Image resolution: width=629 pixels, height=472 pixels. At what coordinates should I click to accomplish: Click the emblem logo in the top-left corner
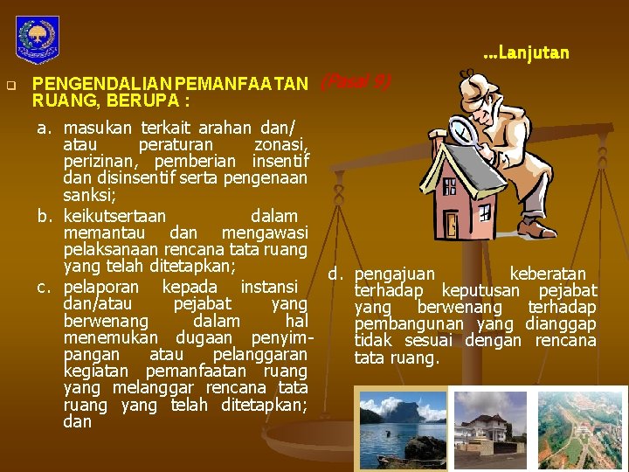tap(38, 38)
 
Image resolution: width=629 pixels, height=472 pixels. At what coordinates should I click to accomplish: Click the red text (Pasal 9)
tap(356, 81)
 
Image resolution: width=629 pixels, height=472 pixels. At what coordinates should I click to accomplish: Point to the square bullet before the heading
tap(10, 86)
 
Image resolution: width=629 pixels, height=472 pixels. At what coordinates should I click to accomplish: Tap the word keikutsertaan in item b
tap(114, 215)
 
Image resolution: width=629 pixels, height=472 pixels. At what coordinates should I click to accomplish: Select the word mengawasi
tap(265, 233)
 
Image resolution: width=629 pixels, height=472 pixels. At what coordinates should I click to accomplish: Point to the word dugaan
tap(204, 337)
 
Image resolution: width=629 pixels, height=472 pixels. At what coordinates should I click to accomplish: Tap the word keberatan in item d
tap(548, 274)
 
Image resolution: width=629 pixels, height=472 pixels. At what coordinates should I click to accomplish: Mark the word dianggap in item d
tap(561, 324)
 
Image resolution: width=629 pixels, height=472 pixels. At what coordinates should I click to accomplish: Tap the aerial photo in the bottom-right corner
tap(582, 427)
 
